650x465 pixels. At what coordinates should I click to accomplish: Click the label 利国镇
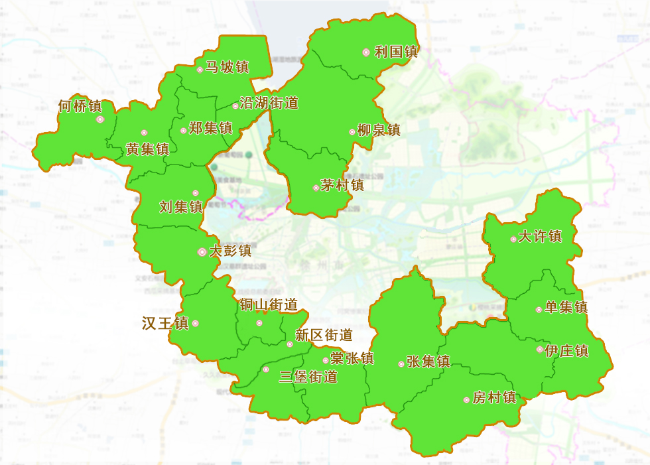(396, 52)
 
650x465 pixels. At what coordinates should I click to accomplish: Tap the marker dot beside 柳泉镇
(352, 131)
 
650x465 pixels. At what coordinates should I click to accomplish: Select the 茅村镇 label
(342, 185)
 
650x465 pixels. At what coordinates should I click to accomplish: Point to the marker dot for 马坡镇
(200, 70)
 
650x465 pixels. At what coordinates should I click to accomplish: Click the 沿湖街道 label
(268, 103)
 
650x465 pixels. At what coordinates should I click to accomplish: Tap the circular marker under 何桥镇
(100, 119)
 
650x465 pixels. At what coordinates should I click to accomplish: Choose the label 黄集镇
(147, 149)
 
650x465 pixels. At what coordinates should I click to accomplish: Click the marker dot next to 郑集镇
(184, 131)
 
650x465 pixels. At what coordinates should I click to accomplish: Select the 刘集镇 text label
(181, 207)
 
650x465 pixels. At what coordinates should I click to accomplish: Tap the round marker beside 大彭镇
(202, 252)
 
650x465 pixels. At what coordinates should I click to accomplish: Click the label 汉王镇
(165, 323)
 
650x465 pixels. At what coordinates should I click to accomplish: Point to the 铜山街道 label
(269, 304)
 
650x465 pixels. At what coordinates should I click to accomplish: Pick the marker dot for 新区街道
(290, 344)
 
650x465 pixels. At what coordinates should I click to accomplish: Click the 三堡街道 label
(308, 377)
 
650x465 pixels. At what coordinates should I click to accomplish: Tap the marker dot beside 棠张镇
(325, 360)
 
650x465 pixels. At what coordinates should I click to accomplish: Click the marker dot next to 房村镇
(466, 400)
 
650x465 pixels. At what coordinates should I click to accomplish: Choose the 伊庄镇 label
(566, 350)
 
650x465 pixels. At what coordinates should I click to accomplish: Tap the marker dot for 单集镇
(539, 310)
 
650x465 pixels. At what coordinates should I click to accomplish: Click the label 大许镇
(540, 236)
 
